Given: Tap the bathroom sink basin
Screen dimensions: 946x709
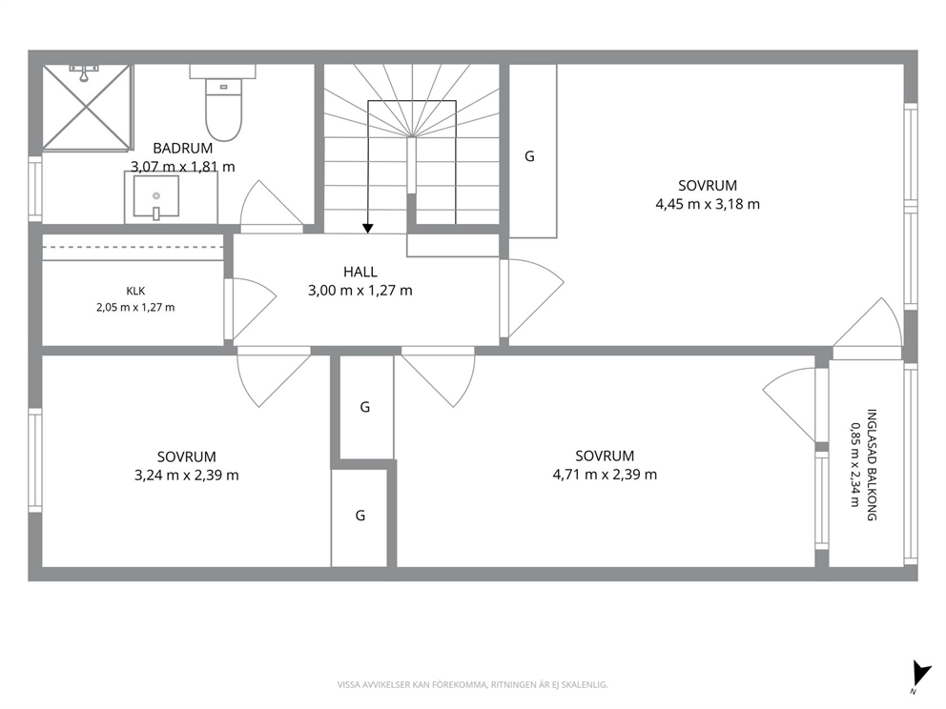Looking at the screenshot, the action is (155, 196).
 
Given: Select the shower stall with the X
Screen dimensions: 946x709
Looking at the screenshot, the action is (87, 108).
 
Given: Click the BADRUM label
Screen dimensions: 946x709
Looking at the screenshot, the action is (182, 148).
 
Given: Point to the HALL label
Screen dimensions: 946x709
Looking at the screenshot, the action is (360, 272).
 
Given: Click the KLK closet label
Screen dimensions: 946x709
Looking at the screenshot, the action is (135, 292).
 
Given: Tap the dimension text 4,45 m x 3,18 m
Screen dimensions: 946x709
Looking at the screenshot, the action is (707, 204).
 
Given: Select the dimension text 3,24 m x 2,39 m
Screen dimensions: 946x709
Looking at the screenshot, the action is (186, 476).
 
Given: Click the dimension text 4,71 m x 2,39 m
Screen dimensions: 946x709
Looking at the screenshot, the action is (605, 475).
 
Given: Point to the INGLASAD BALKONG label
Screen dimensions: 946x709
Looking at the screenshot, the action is (872, 464).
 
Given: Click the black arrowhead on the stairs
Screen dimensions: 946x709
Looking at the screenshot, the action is (367, 229).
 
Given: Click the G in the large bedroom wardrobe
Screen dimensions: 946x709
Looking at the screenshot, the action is (529, 156).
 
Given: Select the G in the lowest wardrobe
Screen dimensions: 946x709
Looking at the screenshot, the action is (360, 516).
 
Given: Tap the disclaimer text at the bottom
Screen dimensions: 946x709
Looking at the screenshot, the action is (472, 684).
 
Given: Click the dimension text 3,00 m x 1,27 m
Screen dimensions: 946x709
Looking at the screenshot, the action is (360, 291).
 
